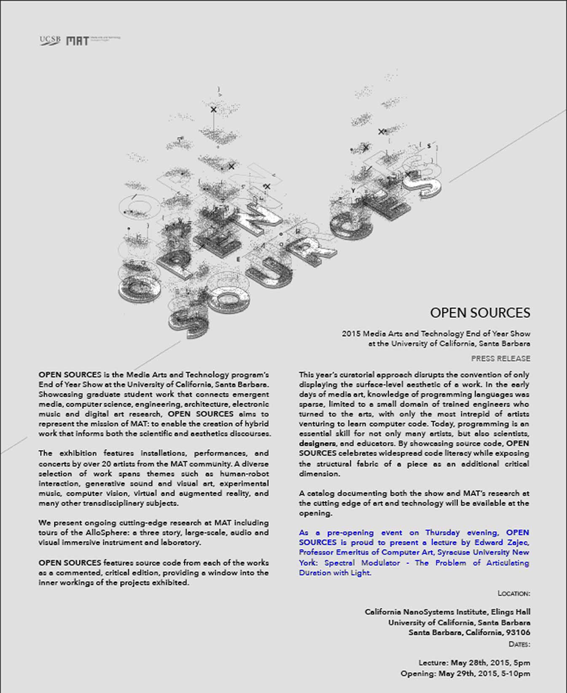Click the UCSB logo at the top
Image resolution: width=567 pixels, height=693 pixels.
50,40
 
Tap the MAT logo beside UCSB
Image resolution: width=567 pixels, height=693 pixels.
78,41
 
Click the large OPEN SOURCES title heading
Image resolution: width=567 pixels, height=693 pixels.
480,313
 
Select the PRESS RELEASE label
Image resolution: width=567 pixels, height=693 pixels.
500,358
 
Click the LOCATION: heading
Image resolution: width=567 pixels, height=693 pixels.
513,593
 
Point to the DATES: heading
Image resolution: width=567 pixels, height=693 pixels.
519,644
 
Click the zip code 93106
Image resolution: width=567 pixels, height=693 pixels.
518,632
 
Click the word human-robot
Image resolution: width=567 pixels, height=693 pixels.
244,474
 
